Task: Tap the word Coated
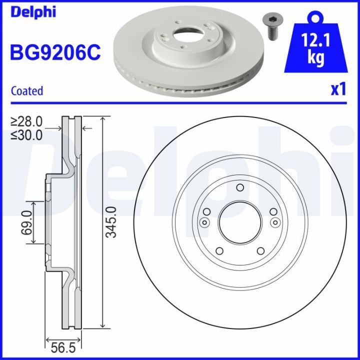(27, 91)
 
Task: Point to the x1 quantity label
(338, 89)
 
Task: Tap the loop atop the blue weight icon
(315, 17)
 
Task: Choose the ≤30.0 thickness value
(27, 134)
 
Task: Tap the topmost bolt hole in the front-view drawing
(239, 188)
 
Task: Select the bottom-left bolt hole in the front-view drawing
(218, 251)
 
